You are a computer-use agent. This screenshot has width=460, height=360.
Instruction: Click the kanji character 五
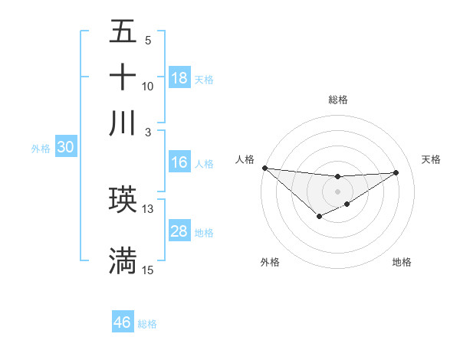[x=123, y=32]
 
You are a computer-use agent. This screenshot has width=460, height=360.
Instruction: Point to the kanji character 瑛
[x=123, y=200]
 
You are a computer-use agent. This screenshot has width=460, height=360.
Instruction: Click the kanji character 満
[x=123, y=260]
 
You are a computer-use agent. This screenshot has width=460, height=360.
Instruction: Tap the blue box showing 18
[x=179, y=78]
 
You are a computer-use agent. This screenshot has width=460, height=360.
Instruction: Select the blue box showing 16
[x=179, y=162]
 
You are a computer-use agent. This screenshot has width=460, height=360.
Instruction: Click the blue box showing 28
[x=179, y=232]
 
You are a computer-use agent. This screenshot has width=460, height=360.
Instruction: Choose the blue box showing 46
[x=123, y=322]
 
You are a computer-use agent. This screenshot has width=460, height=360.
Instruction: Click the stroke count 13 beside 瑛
[x=148, y=208]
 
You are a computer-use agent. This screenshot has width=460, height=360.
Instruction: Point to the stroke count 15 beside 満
[x=148, y=270]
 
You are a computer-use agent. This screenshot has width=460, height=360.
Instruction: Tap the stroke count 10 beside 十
[x=148, y=87]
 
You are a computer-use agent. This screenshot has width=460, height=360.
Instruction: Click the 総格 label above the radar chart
[x=338, y=100]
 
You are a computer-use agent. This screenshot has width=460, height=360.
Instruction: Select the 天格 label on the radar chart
[x=432, y=159]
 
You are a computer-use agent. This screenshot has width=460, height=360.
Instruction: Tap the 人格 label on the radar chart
[x=245, y=159]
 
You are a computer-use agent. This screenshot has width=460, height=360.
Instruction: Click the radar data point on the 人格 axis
[x=264, y=168]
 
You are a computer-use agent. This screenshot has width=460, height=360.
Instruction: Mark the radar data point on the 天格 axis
[x=396, y=172]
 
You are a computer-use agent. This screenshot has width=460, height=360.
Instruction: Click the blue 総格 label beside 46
[x=147, y=323]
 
